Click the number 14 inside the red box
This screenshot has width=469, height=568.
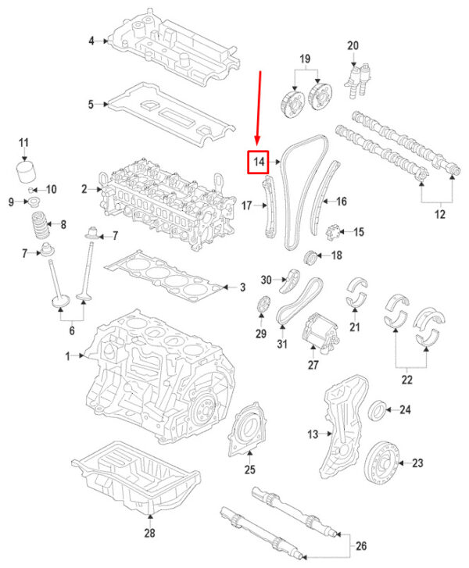click(258, 163)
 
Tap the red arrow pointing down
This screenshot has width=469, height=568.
click(258, 109)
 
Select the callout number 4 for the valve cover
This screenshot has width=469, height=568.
click(91, 41)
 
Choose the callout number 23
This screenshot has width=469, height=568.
click(417, 463)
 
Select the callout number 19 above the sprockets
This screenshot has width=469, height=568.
click(306, 59)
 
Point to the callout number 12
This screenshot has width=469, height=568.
click(439, 214)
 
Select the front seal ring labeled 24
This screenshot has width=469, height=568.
click(377, 409)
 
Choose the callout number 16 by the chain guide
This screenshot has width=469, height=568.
click(341, 201)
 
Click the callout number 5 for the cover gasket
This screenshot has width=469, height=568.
click(91, 104)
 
